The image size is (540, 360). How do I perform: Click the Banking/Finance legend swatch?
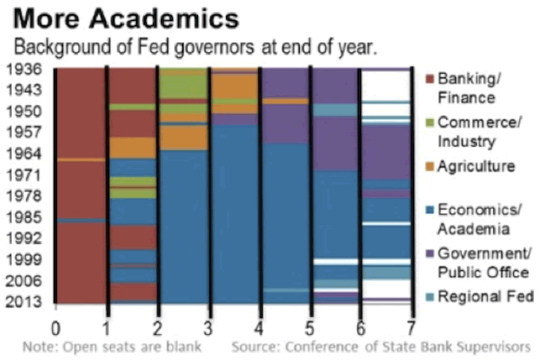click(x=430, y=79)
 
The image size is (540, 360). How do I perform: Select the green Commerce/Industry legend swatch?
click(x=430, y=122)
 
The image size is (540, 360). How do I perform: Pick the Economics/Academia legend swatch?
click(x=430, y=209)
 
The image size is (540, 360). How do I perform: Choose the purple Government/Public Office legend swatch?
click(x=430, y=253)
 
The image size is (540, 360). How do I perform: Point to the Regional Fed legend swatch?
click(x=430, y=296)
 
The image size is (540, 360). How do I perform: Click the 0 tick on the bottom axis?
click(x=55, y=327)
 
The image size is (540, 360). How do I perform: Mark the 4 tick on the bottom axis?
click(x=259, y=327)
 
